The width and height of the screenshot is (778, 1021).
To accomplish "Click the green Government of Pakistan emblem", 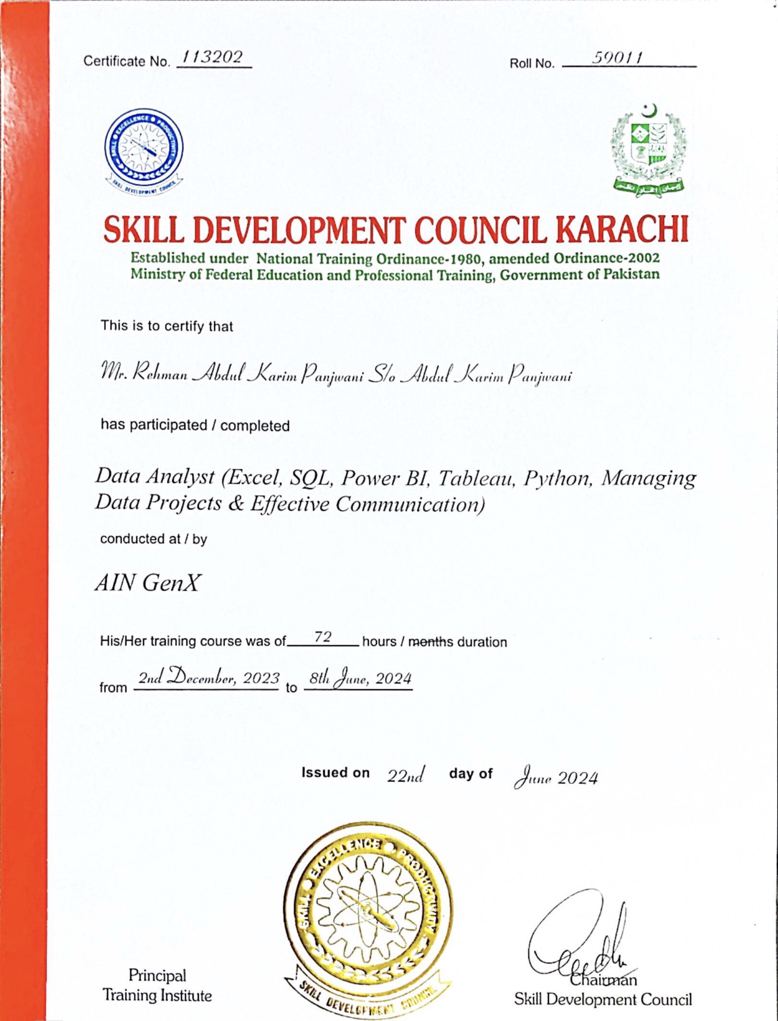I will coord(648,150).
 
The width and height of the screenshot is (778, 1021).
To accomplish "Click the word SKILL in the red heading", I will coord(144,229).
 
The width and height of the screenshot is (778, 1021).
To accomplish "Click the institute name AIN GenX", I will coord(147,583).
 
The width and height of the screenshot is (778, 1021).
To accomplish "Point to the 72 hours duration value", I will coord(323,637).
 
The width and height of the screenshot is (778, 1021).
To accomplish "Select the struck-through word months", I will coord(430,642).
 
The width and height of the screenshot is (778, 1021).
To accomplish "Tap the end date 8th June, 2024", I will coord(360,678).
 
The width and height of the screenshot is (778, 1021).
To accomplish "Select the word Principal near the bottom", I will coord(157,975).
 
